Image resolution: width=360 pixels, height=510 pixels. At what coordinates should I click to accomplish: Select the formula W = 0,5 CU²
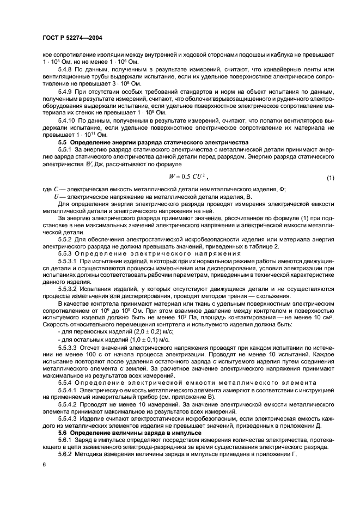[189, 177]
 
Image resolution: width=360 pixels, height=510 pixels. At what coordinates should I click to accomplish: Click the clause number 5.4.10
[68, 119]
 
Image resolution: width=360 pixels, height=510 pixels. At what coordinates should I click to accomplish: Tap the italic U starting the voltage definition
[56, 196]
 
